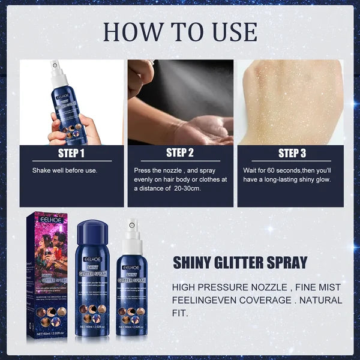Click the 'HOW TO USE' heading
point(180,31)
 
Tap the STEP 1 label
point(71,153)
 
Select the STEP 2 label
point(180,153)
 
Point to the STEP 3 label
point(292,153)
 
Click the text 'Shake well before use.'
point(64,170)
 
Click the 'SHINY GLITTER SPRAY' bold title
point(240,262)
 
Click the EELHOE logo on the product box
point(49,221)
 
